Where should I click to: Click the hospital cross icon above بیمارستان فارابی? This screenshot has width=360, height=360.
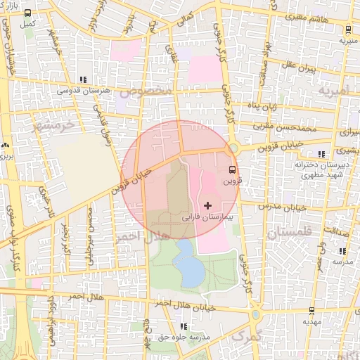pyautogui.click(x=206, y=205)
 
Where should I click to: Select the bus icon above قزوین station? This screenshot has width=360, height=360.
pyautogui.click(x=233, y=169)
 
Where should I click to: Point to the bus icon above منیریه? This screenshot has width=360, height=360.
pyautogui.click(x=349, y=30)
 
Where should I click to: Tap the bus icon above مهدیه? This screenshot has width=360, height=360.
pyautogui.click(x=312, y=310)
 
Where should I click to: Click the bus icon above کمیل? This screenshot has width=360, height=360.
pyautogui.click(x=28, y=14)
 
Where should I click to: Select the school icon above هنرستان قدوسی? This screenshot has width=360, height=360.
pyautogui.click(x=84, y=79)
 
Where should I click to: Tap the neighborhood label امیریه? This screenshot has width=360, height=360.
pyautogui.click(x=333, y=92)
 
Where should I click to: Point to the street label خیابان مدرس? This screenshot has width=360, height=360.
pyautogui.click(x=283, y=207)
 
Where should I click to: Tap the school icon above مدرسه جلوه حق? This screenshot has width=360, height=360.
pyautogui.click(x=184, y=326)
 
